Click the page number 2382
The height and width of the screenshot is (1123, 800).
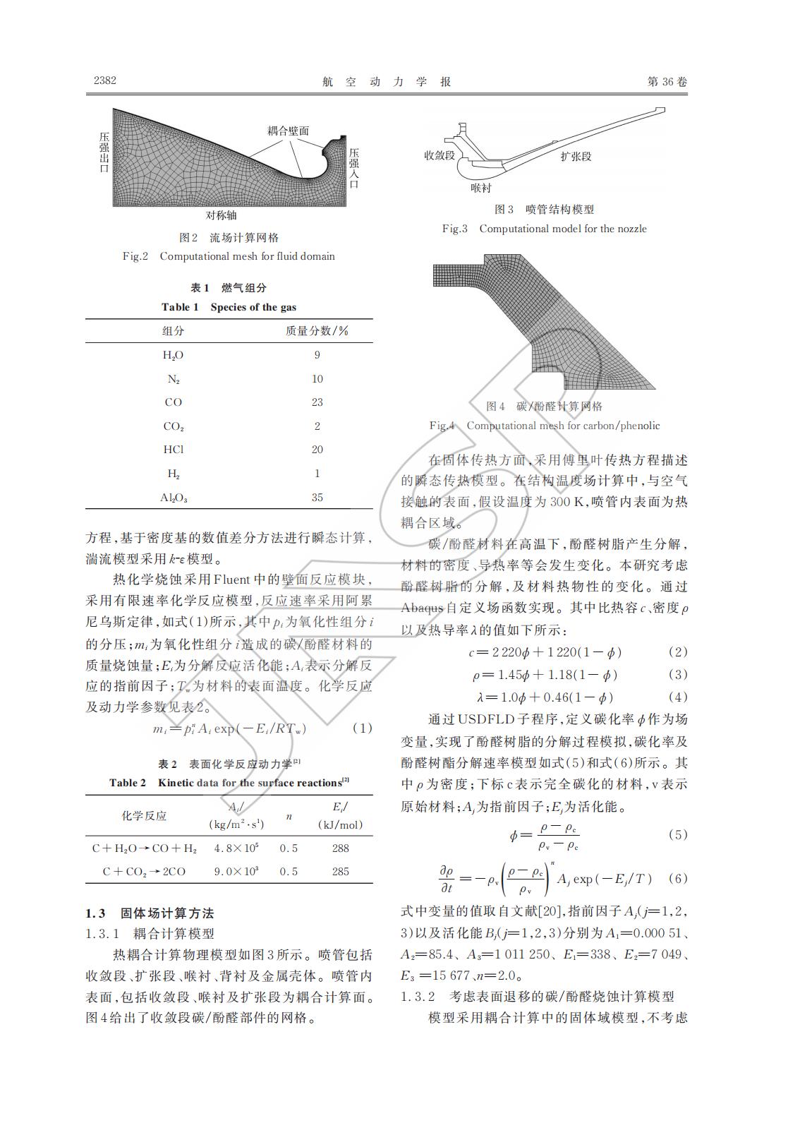(104, 80)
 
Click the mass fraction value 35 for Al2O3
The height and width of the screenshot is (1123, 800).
(317, 498)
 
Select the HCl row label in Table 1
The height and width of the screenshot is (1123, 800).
(173, 450)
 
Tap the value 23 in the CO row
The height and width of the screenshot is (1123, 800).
(317, 402)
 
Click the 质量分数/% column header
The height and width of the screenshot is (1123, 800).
(317, 331)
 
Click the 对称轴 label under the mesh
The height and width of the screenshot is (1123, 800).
(221, 215)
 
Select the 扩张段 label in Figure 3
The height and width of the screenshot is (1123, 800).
(575, 156)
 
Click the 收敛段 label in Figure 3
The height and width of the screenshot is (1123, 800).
(439, 155)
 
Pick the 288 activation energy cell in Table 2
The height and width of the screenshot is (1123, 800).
(340, 848)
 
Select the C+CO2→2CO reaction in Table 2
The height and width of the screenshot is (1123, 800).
(144, 872)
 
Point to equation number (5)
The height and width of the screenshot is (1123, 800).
(677, 834)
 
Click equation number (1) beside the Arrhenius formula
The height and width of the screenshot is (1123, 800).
(361, 728)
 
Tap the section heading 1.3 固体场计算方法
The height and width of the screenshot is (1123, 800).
(150, 913)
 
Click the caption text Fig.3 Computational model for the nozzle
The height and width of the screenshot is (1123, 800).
(544, 229)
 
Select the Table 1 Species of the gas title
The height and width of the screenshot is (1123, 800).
(229, 307)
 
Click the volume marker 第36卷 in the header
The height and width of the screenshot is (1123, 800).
(667, 82)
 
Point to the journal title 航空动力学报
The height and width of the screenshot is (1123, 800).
(387, 82)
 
